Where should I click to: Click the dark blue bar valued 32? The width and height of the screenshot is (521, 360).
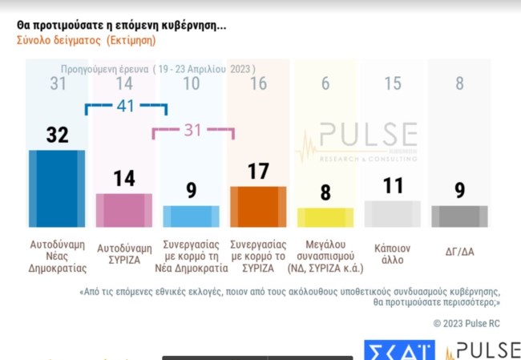(56, 188)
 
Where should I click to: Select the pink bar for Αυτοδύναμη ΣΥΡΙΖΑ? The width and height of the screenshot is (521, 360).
(123, 210)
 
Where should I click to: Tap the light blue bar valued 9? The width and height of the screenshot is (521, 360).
(191, 216)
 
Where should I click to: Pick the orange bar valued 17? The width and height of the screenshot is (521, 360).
(258, 207)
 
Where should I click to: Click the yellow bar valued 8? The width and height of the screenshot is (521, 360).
(325, 218)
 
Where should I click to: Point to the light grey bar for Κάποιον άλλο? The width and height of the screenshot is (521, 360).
(392, 214)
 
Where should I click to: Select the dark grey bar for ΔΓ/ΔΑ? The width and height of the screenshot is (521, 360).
(459, 216)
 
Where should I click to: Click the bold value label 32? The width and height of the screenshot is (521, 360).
(57, 135)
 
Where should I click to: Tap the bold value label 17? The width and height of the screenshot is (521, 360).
(258, 171)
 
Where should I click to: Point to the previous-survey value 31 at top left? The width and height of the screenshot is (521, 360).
(57, 83)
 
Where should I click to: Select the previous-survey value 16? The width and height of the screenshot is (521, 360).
(258, 83)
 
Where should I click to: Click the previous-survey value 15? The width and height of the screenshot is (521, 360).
(392, 83)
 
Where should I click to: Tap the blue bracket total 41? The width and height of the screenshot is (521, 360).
(126, 104)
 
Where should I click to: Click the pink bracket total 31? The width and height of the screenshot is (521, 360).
(193, 130)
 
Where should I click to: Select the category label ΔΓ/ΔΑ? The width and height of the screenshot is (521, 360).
(459, 251)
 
